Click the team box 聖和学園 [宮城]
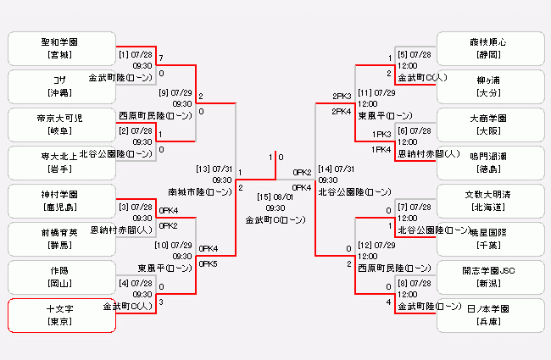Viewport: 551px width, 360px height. (60, 47)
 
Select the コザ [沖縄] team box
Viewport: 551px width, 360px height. (60, 86)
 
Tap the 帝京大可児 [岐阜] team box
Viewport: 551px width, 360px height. (60, 124)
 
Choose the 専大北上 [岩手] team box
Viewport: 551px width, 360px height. (60, 162)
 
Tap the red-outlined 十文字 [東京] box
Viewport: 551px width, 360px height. (60, 314)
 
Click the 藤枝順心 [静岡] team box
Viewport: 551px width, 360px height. (491, 47)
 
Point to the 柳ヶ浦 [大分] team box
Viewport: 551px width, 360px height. (491, 86)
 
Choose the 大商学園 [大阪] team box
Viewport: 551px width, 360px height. (491, 124)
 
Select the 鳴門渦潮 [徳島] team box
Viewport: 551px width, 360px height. (491, 162)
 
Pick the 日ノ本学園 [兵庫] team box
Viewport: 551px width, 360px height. (491, 314)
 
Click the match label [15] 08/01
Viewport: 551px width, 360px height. (275, 197)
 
